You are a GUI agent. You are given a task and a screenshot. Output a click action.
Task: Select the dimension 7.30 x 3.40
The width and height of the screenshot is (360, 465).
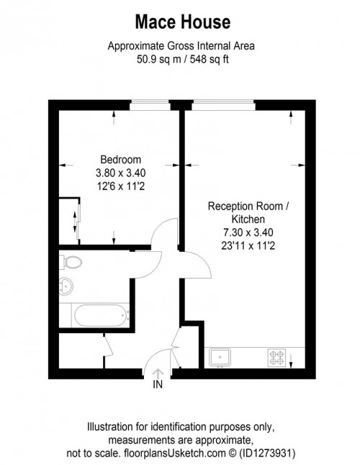pyautogui.click(x=248, y=232)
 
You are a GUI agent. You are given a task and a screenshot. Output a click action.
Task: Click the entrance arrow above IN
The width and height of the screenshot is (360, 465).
pyautogui.click(x=158, y=371)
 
